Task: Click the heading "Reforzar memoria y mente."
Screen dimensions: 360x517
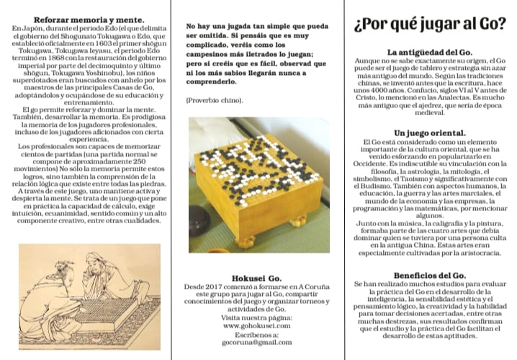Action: tap(86, 17)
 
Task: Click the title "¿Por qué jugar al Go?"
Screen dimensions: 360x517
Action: tap(430, 24)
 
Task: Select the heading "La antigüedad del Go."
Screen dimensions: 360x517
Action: tap(430, 53)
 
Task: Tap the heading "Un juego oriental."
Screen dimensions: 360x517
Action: tap(430, 133)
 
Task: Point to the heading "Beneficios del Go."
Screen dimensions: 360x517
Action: tap(430, 276)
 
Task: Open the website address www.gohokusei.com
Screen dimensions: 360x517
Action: tap(257, 325)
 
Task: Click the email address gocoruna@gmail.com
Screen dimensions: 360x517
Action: tap(257, 343)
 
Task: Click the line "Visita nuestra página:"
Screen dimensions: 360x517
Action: tap(257, 318)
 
